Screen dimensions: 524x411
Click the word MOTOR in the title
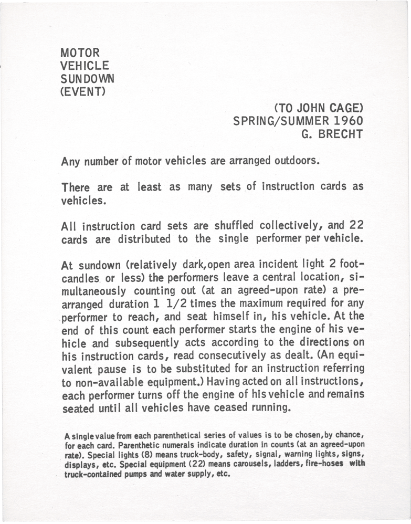point(80,53)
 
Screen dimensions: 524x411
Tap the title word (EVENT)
point(84,91)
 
